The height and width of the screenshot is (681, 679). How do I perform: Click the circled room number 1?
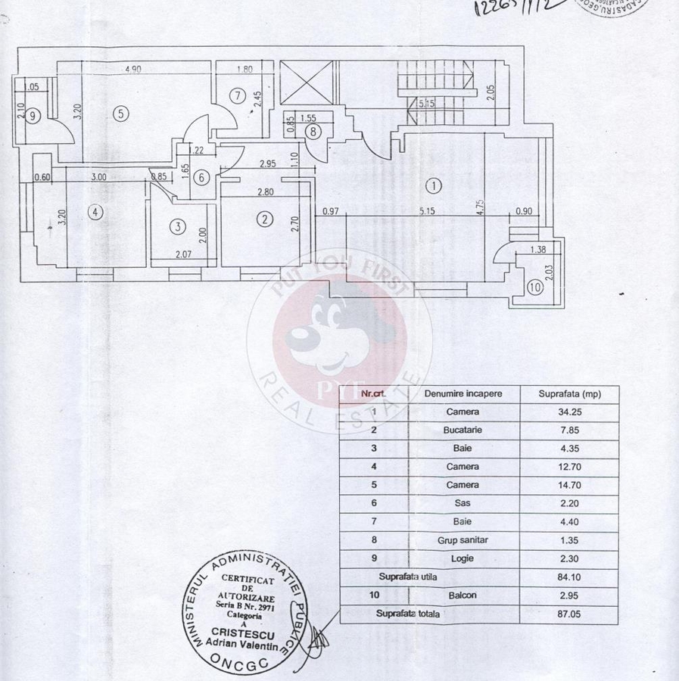tap(433, 185)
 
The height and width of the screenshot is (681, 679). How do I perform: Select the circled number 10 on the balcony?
tap(534, 287)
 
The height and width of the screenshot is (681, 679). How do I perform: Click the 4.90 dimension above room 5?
tap(134, 70)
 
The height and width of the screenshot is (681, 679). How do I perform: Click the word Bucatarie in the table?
tap(463, 430)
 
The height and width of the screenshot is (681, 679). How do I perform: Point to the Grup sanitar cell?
tap(463, 540)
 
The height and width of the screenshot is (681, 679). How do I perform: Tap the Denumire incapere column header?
tap(463, 393)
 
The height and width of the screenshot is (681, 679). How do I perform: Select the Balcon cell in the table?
tap(463, 595)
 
